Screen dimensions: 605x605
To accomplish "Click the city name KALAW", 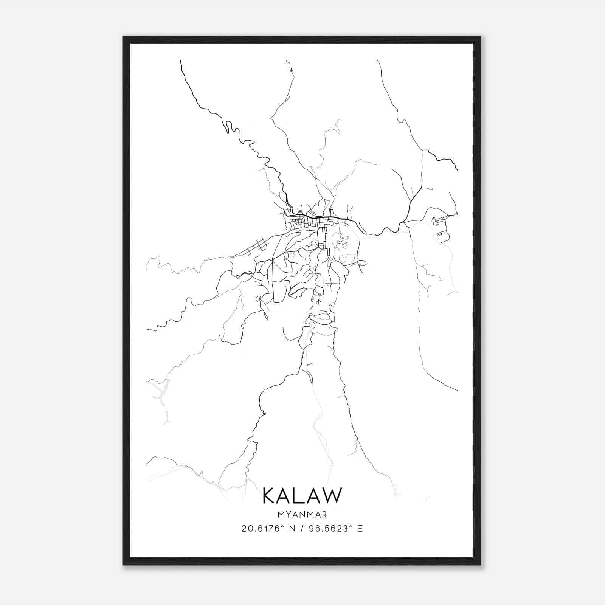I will tap(302, 495).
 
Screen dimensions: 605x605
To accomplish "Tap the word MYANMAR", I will tap(302, 515).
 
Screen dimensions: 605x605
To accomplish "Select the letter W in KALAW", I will tap(332, 495).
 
